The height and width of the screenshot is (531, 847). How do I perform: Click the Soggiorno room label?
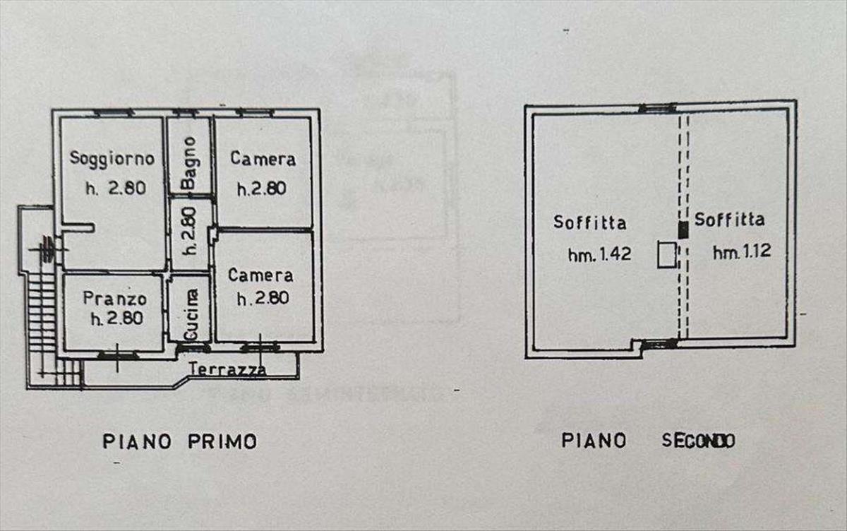tap(112, 159)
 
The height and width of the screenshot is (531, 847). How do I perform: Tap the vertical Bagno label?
tap(188, 163)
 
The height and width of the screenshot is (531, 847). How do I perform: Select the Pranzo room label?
tap(115, 299)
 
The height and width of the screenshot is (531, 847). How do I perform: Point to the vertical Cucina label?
tap(191, 315)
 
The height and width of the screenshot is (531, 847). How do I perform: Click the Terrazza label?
tap(227, 369)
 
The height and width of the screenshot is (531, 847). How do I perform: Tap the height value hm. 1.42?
tap(600, 254)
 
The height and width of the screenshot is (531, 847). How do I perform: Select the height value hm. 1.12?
tap(742, 251)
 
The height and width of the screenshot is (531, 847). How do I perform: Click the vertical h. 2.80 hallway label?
tap(189, 231)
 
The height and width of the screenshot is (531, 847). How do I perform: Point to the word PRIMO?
tap(223, 441)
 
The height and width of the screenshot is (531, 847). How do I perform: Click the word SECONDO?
tap(698, 441)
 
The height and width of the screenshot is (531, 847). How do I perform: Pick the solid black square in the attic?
tap(683, 230)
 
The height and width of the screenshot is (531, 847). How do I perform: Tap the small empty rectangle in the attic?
tap(666, 255)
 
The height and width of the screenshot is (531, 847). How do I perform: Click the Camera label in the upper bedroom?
tap(263, 159)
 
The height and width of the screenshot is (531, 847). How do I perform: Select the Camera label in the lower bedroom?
tap(261, 275)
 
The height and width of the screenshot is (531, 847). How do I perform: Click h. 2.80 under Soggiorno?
tap(116, 188)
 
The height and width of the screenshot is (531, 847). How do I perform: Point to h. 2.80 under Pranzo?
tap(117, 318)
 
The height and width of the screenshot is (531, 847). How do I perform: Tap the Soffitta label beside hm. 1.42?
tap(590, 222)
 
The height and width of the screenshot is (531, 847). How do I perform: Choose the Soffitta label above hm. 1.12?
tap(730, 220)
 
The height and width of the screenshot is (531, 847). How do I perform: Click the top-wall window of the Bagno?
tap(186, 112)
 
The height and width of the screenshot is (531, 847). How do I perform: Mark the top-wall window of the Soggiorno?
tap(114, 112)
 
